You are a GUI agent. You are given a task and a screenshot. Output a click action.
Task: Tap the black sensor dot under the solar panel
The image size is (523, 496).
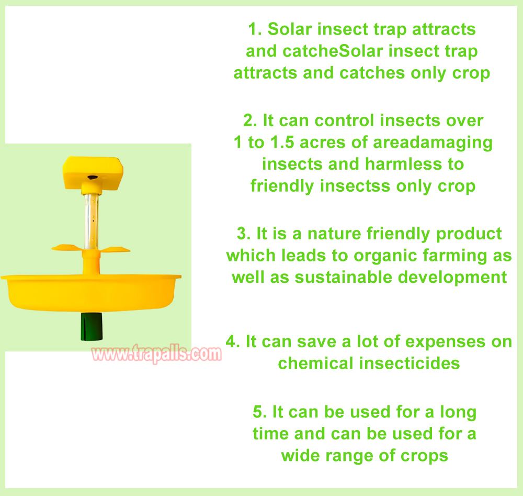93,178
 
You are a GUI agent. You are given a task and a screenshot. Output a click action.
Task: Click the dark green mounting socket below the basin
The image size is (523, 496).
92,327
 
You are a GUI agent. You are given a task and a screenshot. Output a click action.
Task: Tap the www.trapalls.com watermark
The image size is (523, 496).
156,354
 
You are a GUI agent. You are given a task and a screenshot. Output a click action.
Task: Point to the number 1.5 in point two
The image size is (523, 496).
282,142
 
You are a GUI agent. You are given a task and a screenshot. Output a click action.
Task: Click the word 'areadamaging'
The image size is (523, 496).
433,143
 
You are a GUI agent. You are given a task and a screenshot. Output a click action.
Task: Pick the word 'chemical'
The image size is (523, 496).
315,363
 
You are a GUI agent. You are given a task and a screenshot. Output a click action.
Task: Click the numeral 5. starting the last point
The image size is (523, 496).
260,412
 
